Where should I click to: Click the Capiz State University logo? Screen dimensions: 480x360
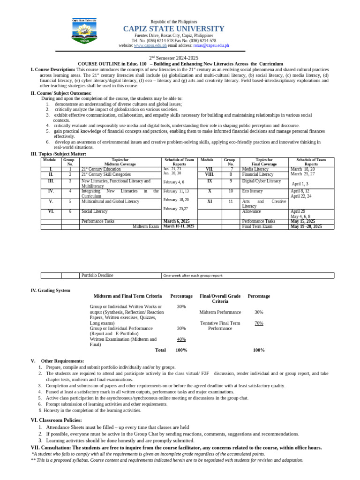[x=84, y=32]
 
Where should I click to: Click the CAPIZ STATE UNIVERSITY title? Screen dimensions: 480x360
[x=173, y=29]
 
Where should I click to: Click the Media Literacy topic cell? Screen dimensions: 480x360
[x=255, y=169]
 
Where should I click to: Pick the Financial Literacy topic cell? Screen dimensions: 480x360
[x=257, y=174]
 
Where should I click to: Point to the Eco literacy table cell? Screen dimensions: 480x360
[x=252, y=191]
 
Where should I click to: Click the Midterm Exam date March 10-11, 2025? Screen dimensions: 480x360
[x=178, y=226]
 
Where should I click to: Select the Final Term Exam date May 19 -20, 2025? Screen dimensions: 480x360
[x=306, y=226]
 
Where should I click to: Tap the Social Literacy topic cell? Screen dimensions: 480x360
[x=95, y=211]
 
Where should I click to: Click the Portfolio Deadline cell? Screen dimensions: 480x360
[x=97, y=276]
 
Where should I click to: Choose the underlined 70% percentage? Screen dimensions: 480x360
[x=259, y=323]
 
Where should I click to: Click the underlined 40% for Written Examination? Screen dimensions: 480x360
[x=181, y=339]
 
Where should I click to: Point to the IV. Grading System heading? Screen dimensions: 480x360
[x=50, y=291]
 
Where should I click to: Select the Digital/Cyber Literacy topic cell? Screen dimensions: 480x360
[x=261, y=181]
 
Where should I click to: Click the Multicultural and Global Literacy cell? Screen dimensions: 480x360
[x=110, y=201]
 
